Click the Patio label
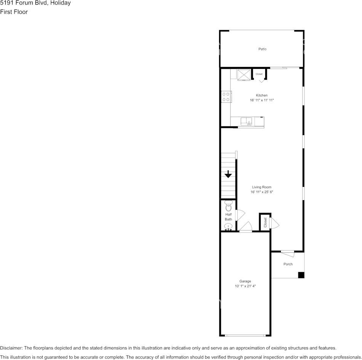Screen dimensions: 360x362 click(x=262, y=49)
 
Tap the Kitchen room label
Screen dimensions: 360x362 click(x=261, y=95)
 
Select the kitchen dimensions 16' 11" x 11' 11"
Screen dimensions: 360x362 click(x=262, y=100)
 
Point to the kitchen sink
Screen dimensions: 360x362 click(x=247, y=121)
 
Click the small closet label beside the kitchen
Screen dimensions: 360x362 click(x=259, y=74)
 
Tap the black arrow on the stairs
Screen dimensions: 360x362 click(x=228, y=174)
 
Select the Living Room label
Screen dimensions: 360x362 click(x=261, y=187)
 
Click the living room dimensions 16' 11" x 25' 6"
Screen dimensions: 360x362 click(x=262, y=192)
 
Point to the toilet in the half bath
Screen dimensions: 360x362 click(x=228, y=207)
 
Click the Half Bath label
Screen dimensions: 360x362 click(x=228, y=217)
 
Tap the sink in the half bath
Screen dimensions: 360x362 click(x=228, y=227)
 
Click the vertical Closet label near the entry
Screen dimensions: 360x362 click(x=265, y=223)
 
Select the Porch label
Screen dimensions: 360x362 click(x=288, y=264)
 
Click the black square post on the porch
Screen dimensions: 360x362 click(x=301, y=275)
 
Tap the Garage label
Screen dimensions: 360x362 click(x=245, y=281)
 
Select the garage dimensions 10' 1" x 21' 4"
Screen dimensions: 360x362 click(x=245, y=286)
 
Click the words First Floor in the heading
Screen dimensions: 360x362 click(x=14, y=12)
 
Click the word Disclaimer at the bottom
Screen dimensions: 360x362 click(x=11, y=348)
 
